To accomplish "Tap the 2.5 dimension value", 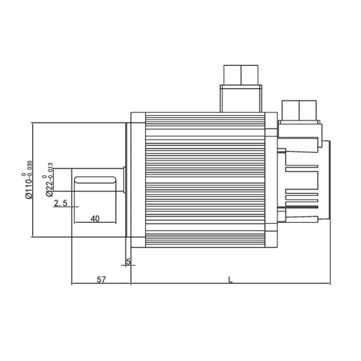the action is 60,203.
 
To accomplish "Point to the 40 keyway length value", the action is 95,218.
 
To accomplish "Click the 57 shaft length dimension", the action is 101,280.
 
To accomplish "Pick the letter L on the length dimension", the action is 230,280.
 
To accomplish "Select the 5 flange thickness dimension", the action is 129,262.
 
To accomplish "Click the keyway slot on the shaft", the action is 95,180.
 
